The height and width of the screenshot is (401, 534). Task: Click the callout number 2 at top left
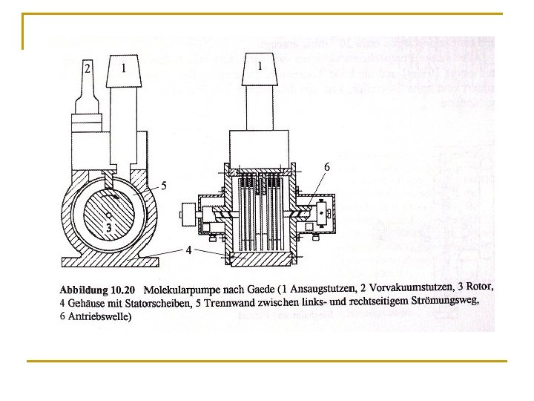pos(88,69)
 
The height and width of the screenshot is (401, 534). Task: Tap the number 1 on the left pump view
pos(123,68)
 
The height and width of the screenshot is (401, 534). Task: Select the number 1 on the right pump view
pos(260,66)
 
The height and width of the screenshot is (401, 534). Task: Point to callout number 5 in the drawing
pos(164,185)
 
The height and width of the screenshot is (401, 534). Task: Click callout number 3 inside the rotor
pos(108,228)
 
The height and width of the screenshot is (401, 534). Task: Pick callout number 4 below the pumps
pos(189,250)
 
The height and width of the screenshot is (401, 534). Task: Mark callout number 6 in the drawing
pos(326,167)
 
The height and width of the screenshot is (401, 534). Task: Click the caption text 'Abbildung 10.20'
pos(97,289)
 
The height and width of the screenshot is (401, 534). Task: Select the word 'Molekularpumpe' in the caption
pos(182,289)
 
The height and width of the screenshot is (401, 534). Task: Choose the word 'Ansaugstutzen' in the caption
pos(324,289)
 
